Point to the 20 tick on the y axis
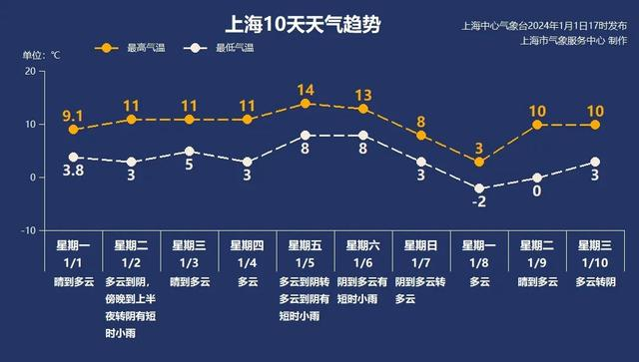(29, 72)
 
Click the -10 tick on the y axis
(27, 229)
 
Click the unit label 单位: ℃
(41, 54)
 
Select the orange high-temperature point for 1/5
(306, 103)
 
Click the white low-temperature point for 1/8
(479, 187)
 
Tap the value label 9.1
(73, 115)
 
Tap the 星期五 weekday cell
(306, 244)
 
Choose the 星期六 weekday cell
(363, 244)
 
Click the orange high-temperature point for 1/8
(479, 162)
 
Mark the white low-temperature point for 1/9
(537, 178)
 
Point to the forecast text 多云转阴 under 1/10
(595, 282)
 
